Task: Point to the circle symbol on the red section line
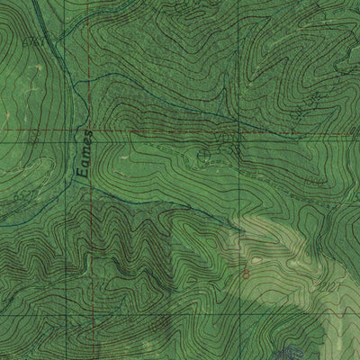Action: click(202, 156)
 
